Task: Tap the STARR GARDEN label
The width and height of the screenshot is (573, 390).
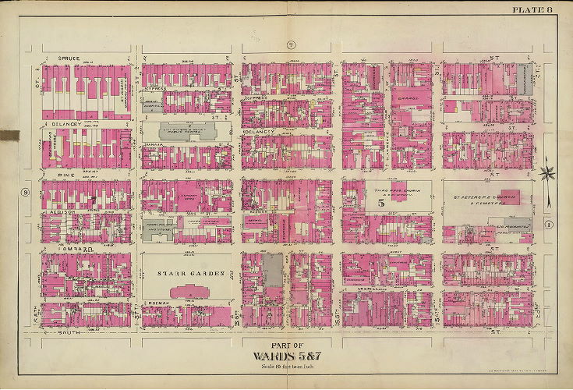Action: click(186, 274)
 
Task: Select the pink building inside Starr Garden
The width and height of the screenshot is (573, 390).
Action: click(186, 292)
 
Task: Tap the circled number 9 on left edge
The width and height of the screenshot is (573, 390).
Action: click(25, 192)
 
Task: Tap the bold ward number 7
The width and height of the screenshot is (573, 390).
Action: click(91, 201)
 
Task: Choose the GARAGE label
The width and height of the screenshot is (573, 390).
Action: click(410, 99)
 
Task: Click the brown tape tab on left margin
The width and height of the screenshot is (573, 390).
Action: click(9, 136)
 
